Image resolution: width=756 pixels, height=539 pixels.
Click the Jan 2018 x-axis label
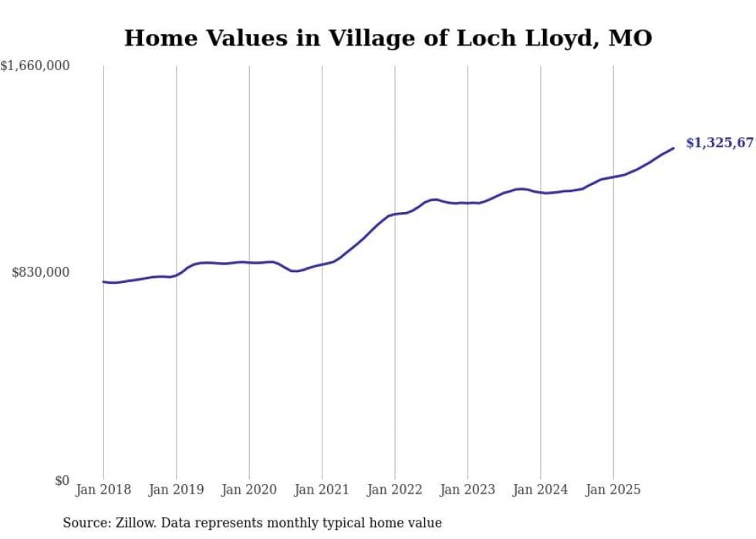coord(103,490)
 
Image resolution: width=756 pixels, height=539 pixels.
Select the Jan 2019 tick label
coord(177,490)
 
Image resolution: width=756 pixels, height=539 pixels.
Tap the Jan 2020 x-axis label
coord(249,490)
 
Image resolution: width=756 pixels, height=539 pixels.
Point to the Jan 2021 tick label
coord(322,490)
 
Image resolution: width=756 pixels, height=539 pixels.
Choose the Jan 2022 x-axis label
coord(395,490)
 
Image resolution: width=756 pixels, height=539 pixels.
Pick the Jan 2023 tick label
coord(467,490)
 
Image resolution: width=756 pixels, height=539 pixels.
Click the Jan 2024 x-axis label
coord(540,490)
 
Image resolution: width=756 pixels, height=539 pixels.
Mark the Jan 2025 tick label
coord(613,490)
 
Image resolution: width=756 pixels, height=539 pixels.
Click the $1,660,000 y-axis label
coord(35,66)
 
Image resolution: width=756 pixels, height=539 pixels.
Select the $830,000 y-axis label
coord(41,272)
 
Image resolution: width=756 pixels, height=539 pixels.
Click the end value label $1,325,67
coord(719,143)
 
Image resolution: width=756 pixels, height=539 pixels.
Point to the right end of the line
coord(673,148)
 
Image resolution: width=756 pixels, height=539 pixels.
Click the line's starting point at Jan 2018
coord(103,281)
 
